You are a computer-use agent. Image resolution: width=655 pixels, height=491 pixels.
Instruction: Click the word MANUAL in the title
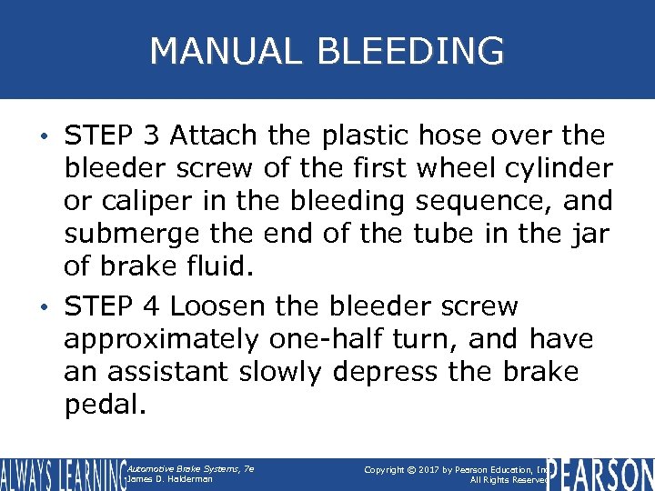222,51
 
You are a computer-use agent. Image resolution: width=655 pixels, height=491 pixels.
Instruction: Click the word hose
452,136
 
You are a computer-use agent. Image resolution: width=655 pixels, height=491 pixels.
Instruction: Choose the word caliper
144,202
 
